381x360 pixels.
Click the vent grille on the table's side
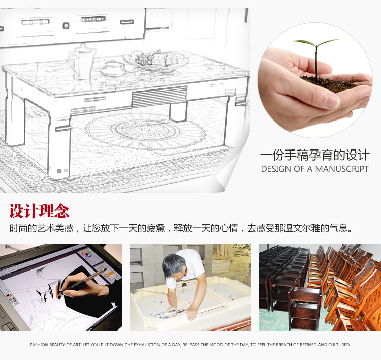tap(160, 97)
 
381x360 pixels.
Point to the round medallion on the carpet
tap(145, 131)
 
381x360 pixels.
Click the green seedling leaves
tap(316, 43)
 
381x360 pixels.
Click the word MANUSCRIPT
tap(342, 169)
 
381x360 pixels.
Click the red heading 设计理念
tap(39, 211)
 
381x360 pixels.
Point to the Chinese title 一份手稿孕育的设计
tap(315, 155)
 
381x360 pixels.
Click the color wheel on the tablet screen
tap(85, 254)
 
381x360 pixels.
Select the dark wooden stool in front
tap(305, 308)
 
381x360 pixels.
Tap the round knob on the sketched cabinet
tap(66, 25)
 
